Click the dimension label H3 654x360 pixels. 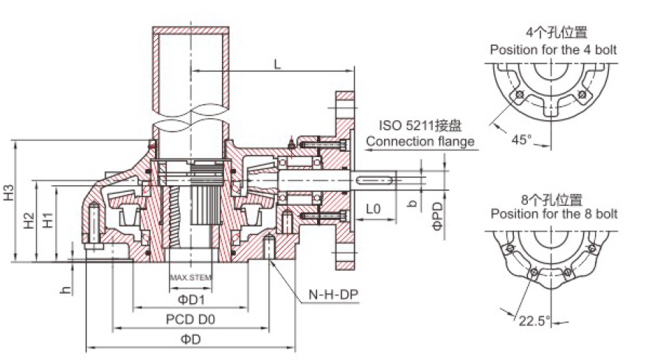pyautogui.click(x=9, y=193)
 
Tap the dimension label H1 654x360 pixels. pyautogui.click(x=47, y=219)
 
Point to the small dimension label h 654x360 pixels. pyautogui.click(x=66, y=290)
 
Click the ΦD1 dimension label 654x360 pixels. pyautogui.click(x=191, y=300)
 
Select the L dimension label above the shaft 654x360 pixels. pyautogui.click(x=276, y=64)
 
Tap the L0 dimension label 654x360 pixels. pyautogui.click(x=373, y=209)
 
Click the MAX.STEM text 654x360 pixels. pyautogui.click(x=191, y=278)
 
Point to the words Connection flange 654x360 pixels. pyautogui.click(x=420, y=142)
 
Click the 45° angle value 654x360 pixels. pyautogui.click(x=521, y=139)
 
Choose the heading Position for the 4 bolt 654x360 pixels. pyautogui.click(x=553, y=50)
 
